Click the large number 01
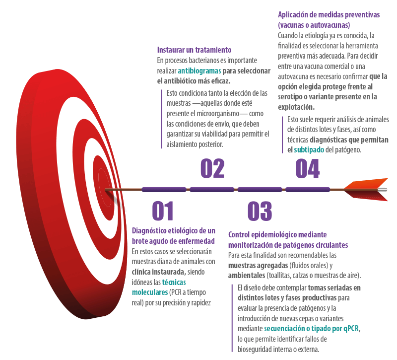coord(163,211)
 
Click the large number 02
coord(212,169)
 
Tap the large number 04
coord(307,169)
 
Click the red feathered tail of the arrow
coord(370,190)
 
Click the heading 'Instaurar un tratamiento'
coord(194,50)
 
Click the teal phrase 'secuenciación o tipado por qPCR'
coord(312,329)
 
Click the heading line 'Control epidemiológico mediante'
coord(277,234)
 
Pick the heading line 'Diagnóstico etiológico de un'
coord(174,231)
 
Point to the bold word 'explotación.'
coord(296,106)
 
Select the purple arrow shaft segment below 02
coord(212,189)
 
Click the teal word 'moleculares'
coord(149,291)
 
